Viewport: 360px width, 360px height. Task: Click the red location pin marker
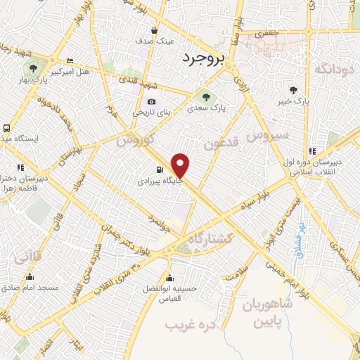click(x=181, y=166)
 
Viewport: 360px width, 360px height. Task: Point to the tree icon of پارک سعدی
click(x=205, y=98)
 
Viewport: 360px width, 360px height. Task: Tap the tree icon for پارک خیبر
click(x=294, y=90)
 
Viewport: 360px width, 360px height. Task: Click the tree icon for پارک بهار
click(x=32, y=67)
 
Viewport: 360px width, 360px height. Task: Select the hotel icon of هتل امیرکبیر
click(x=69, y=62)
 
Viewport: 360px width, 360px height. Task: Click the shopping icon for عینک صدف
click(x=155, y=31)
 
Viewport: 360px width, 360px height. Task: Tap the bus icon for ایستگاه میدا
click(x=6, y=129)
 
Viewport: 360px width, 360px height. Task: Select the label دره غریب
click(x=189, y=325)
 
